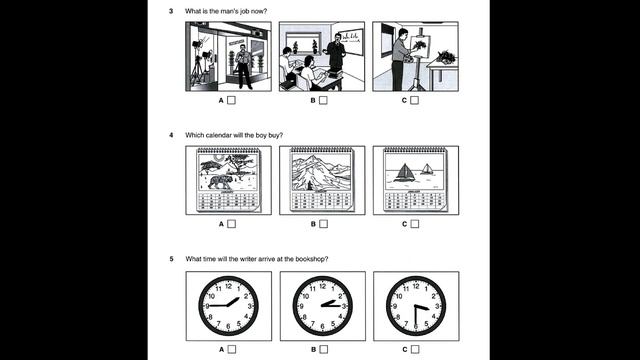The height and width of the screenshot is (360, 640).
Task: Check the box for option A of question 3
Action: [x=232, y=100]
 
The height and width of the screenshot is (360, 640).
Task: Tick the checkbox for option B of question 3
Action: [x=324, y=100]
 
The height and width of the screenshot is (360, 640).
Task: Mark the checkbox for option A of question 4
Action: [x=232, y=224]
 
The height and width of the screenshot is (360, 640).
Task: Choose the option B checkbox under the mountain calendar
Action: [x=324, y=224]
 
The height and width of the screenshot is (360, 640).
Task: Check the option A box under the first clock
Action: [x=232, y=349]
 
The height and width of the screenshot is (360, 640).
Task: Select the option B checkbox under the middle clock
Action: [x=324, y=349]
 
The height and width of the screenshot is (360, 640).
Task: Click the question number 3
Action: [x=171, y=10]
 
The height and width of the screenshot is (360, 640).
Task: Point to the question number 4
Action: [x=171, y=134]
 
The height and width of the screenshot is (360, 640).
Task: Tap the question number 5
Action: [x=171, y=259]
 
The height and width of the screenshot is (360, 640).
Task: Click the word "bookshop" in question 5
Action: [x=311, y=259]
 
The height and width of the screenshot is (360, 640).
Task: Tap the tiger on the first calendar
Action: [x=218, y=181]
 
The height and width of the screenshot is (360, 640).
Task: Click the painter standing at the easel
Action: [x=401, y=55]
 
